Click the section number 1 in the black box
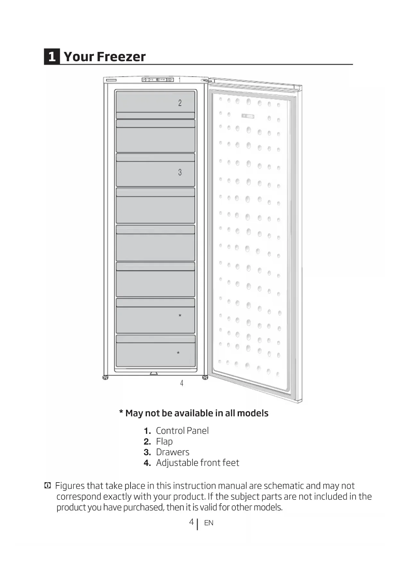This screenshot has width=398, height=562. pyautogui.click(x=52, y=57)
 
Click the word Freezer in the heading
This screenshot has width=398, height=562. pyautogui.click(x=121, y=57)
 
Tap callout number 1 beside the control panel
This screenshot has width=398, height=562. pyautogui.click(x=180, y=80)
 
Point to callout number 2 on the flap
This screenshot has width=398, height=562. pyautogui.click(x=180, y=103)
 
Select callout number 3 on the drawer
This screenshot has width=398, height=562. pyautogui.click(x=180, y=172)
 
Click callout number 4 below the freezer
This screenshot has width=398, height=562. pyautogui.click(x=182, y=383)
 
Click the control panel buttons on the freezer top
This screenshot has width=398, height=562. pyautogui.click(x=158, y=79)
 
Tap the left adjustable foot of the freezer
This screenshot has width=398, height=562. pyautogui.click(x=105, y=377)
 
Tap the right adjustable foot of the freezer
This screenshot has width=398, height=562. pyautogui.click(x=205, y=377)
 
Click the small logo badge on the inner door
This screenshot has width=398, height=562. pyautogui.click(x=248, y=116)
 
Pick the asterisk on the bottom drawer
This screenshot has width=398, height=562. pyautogui.click(x=178, y=353)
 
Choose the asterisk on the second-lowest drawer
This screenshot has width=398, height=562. pyautogui.click(x=180, y=316)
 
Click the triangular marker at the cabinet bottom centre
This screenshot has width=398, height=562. pyautogui.click(x=154, y=373)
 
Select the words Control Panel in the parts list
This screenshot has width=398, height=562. pyautogui.click(x=182, y=431)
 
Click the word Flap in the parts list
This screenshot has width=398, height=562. pyautogui.click(x=164, y=442)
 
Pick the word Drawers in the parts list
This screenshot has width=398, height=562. pyautogui.click(x=173, y=452)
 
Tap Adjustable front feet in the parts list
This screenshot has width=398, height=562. pyautogui.click(x=198, y=463)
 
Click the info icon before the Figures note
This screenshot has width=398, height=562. pyautogui.click(x=47, y=486)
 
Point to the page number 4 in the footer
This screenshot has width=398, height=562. pyautogui.click(x=191, y=522)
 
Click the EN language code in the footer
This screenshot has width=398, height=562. pyautogui.click(x=209, y=523)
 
